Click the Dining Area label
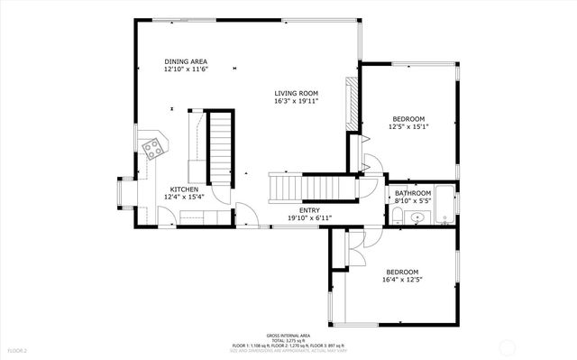186,60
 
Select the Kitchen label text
184,189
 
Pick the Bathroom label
413,193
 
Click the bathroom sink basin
417,217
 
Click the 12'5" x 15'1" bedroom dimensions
409,127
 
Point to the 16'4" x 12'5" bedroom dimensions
403,280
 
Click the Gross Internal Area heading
288,335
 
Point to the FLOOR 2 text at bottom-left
19,349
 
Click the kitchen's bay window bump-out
124,194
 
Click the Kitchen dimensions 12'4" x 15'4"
184,196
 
